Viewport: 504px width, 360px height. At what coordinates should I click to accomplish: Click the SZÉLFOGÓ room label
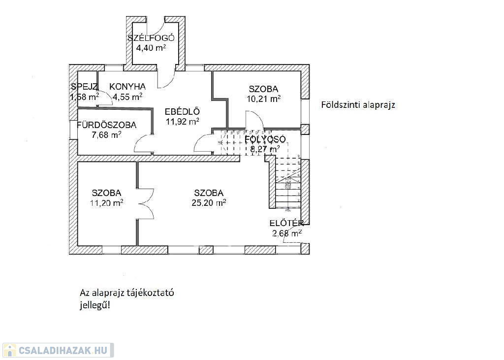pyautogui.click(x=151, y=38)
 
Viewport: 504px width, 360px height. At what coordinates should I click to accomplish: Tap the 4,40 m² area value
pyautogui.click(x=151, y=48)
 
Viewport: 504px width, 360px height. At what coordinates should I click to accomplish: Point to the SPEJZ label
pyautogui.click(x=84, y=87)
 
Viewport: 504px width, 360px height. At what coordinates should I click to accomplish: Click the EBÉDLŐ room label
pyautogui.click(x=182, y=111)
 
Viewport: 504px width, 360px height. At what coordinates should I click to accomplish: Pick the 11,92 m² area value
pyautogui.click(x=182, y=121)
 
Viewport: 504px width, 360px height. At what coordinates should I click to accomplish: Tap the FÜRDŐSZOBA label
pyautogui.click(x=106, y=125)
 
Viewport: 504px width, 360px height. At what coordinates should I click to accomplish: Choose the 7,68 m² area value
pyautogui.click(x=106, y=134)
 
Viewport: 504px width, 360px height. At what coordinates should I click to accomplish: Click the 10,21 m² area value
pyautogui.click(x=264, y=98)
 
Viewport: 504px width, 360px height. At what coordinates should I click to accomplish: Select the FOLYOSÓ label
pyautogui.click(x=265, y=139)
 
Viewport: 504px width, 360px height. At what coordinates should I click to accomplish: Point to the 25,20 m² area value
pyautogui.click(x=209, y=202)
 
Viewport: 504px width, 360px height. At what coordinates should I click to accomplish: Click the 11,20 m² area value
pyautogui.click(x=107, y=202)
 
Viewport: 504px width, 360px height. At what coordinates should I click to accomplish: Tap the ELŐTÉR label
pyautogui.click(x=286, y=224)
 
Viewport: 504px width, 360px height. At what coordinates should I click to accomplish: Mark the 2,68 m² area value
pyautogui.click(x=286, y=233)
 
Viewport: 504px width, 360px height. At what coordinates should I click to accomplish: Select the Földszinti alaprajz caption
pyautogui.click(x=358, y=105)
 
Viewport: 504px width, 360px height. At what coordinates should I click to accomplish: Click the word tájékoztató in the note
pyautogui.click(x=151, y=293)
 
